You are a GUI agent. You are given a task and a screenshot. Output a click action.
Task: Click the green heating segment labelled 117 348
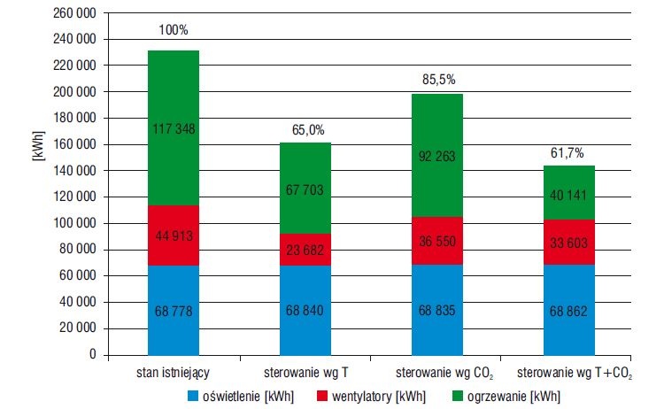point(174,127)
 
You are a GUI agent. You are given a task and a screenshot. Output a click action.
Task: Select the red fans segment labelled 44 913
point(174,235)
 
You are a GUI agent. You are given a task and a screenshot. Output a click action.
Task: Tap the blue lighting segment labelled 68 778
point(174,311)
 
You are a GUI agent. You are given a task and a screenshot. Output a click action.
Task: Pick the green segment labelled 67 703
point(305,188)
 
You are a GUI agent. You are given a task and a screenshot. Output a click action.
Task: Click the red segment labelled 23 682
point(305,250)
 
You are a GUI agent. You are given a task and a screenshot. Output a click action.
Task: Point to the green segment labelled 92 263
point(437,156)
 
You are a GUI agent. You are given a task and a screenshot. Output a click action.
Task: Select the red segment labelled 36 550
point(437,241)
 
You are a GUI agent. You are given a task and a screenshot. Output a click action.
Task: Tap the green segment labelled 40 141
point(569,193)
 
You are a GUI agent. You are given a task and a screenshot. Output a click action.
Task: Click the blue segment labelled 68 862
point(569,310)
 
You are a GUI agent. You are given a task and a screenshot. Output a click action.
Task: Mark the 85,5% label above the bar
point(439,80)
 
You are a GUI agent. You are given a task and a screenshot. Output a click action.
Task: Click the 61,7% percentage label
point(567,153)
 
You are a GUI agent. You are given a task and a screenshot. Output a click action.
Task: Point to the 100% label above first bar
point(174,30)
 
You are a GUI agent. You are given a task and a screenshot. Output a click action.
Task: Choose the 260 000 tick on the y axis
point(75,13)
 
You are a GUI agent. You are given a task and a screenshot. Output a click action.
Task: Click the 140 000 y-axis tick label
point(75,171)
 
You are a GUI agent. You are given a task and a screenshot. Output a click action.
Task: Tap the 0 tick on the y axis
point(93,354)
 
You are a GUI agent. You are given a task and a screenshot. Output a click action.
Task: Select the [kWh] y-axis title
point(38,146)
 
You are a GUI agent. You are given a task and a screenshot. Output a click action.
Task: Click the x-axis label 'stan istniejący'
point(173,373)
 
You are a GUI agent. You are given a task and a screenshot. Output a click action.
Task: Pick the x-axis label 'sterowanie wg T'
point(305,373)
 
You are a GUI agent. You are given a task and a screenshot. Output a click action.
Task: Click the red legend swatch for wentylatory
point(322,396)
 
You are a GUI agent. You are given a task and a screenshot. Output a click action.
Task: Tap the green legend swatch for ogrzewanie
point(458,396)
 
